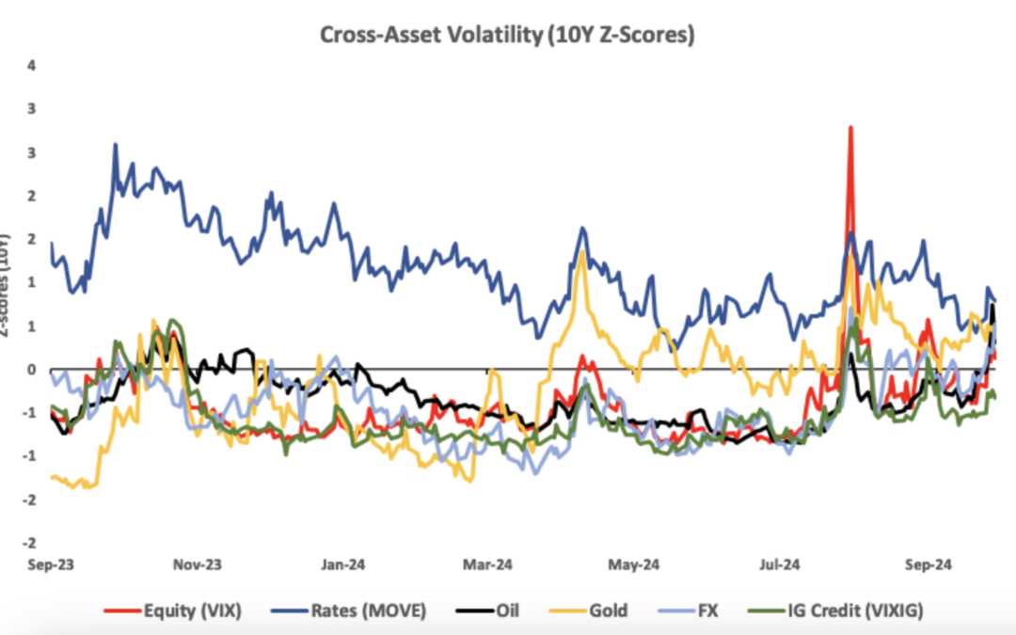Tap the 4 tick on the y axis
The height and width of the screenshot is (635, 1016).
pos(32,65)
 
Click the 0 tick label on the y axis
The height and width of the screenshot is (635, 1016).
pos(32,370)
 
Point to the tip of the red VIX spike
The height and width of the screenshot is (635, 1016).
pos(850,126)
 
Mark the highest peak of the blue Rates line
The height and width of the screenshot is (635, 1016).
pos(116,145)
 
